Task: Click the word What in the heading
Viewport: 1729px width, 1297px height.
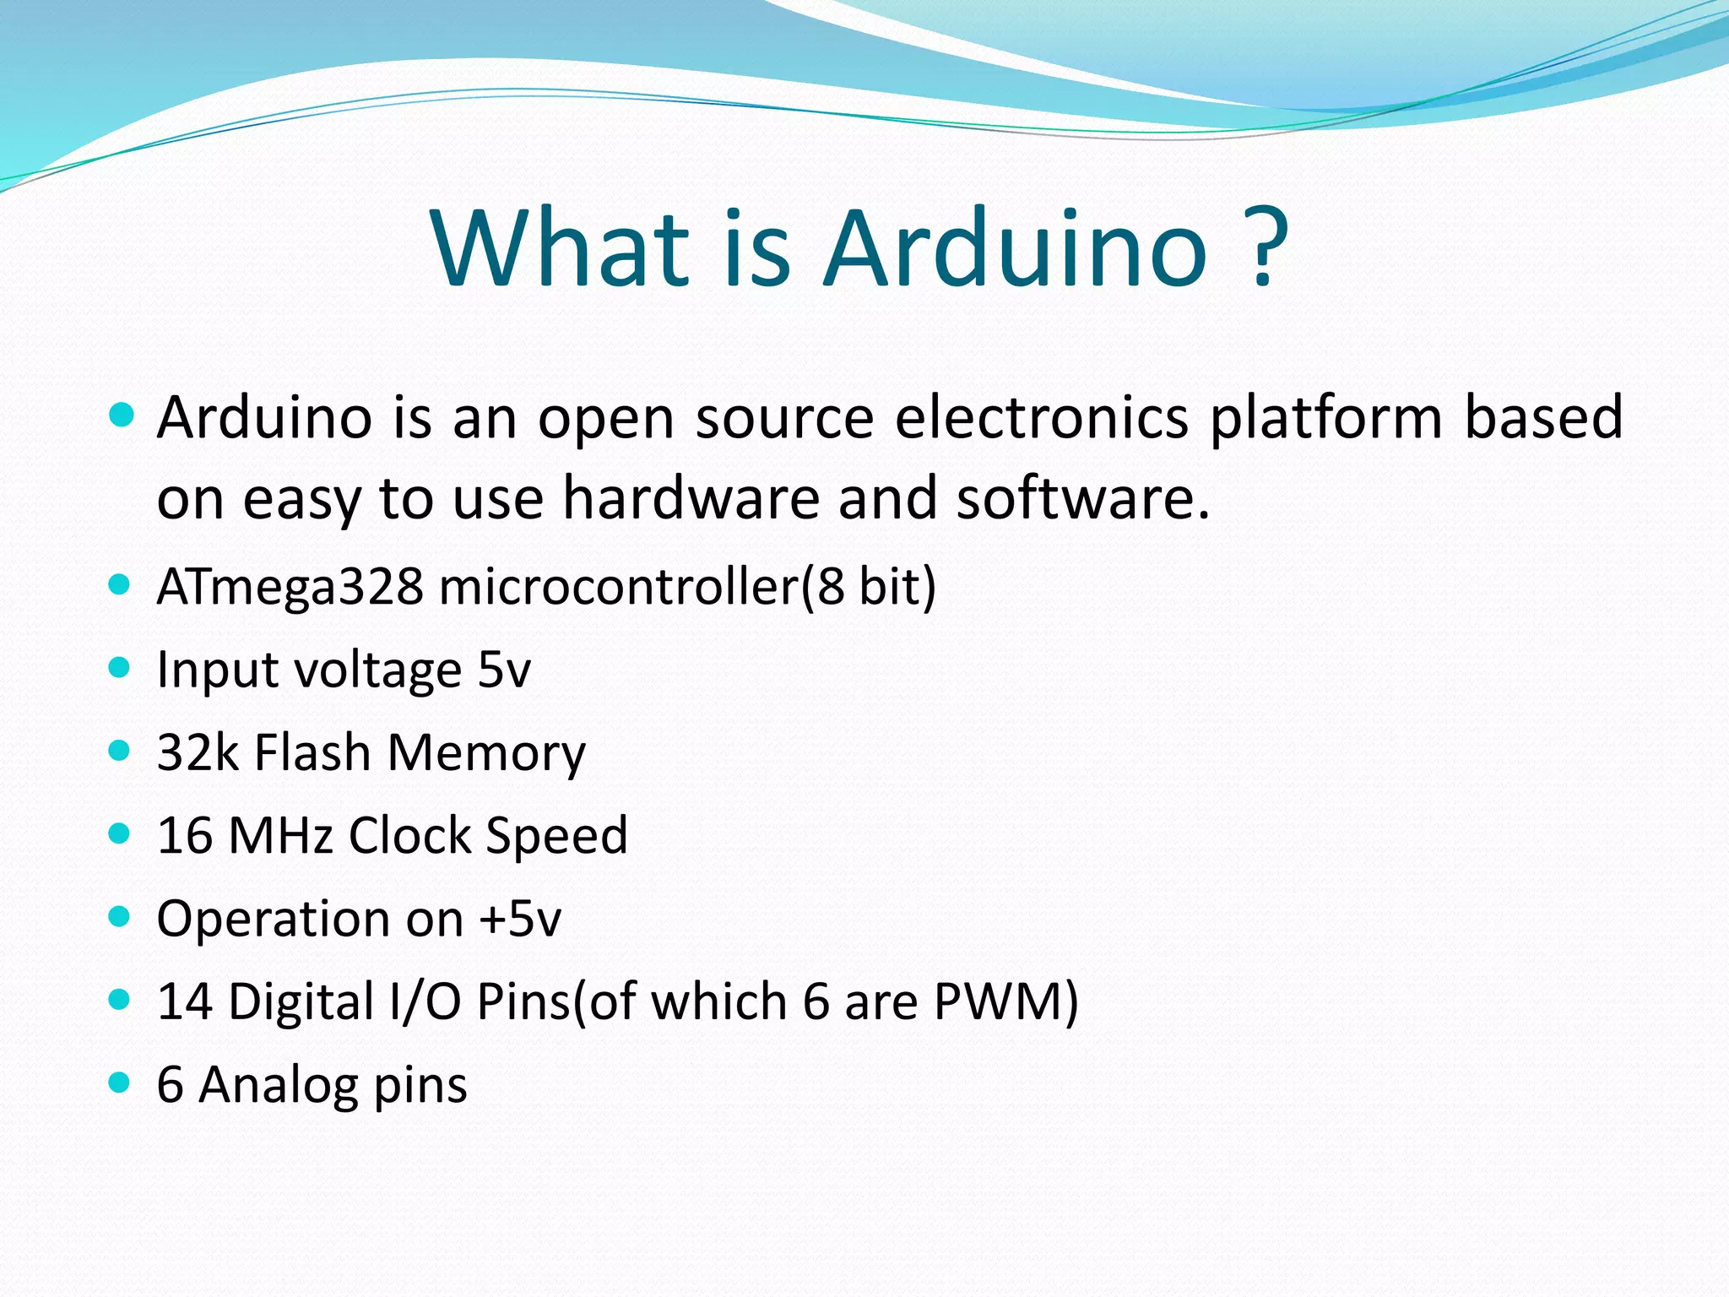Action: coord(561,250)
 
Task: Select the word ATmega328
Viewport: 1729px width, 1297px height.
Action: coord(290,587)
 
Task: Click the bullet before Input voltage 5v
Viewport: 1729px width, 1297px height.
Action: coord(120,668)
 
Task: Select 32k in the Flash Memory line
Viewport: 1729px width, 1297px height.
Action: coord(198,752)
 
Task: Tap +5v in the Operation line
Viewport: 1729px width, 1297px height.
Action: coord(519,920)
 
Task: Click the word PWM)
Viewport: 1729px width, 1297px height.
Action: coord(1005,1001)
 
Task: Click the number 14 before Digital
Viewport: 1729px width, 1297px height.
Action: coord(184,1001)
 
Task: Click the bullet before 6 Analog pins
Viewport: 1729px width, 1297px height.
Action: coord(120,1083)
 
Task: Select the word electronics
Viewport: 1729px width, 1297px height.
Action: coord(1041,417)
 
